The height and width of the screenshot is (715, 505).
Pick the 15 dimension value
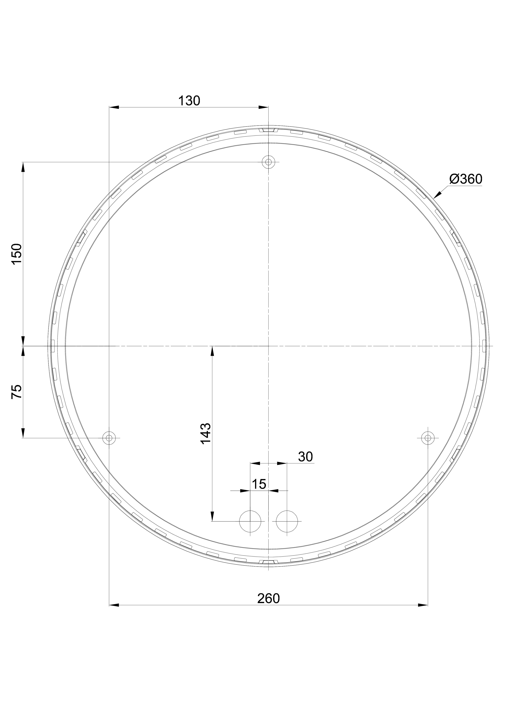(259, 484)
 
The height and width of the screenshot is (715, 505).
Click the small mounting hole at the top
(268, 162)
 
